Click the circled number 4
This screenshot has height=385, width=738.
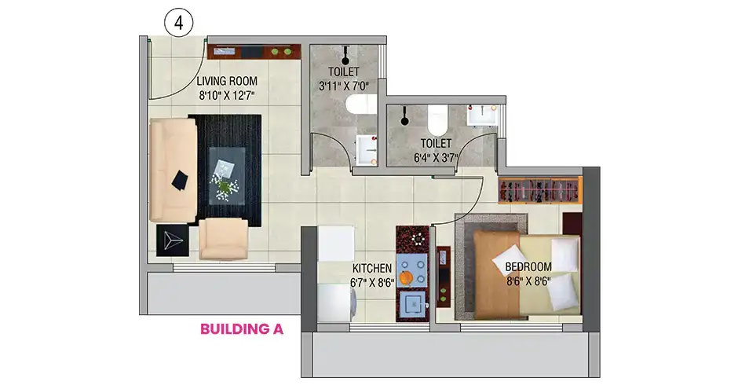[x=178, y=23]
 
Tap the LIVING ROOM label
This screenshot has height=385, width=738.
[x=227, y=81]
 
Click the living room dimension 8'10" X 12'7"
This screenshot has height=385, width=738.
[x=227, y=96]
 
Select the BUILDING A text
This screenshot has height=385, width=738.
[x=242, y=329]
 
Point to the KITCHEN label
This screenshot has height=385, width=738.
[x=372, y=268]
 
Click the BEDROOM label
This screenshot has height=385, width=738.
[x=528, y=267]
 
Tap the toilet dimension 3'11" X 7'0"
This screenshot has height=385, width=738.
[x=344, y=86]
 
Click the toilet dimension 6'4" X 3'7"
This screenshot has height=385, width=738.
[x=436, y=158]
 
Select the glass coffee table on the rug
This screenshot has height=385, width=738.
[x=227, y=175]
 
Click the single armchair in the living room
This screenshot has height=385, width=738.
[x=224, y=238]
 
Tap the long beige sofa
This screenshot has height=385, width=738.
[x=173, y=170]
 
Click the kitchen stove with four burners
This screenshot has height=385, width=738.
[x=412, y=271]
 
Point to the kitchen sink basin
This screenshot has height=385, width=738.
[x=412, y=306]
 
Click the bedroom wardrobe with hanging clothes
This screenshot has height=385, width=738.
[x=540, y=190]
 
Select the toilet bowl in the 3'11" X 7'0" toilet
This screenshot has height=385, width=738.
[x=361, y=104]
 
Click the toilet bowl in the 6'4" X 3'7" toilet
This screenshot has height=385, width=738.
[x=438, y=119]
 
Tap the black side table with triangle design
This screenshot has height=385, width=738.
[x=172, y=240]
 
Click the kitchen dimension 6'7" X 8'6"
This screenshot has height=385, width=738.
[x=372, y=283]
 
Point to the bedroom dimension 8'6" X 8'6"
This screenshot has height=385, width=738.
[x=528, y=281]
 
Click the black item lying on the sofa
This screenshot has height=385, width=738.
[x=180, y=181]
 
